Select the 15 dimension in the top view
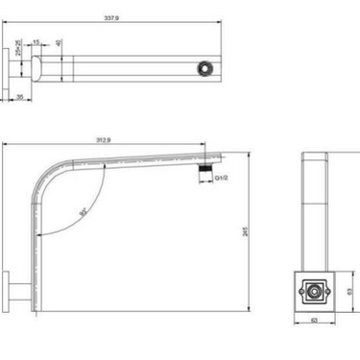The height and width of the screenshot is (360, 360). tap(36, 43)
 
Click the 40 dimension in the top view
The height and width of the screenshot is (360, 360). tap(60, 43)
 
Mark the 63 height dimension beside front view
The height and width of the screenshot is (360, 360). tap(348, 286)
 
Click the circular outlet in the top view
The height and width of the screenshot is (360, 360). tap(204, 68)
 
